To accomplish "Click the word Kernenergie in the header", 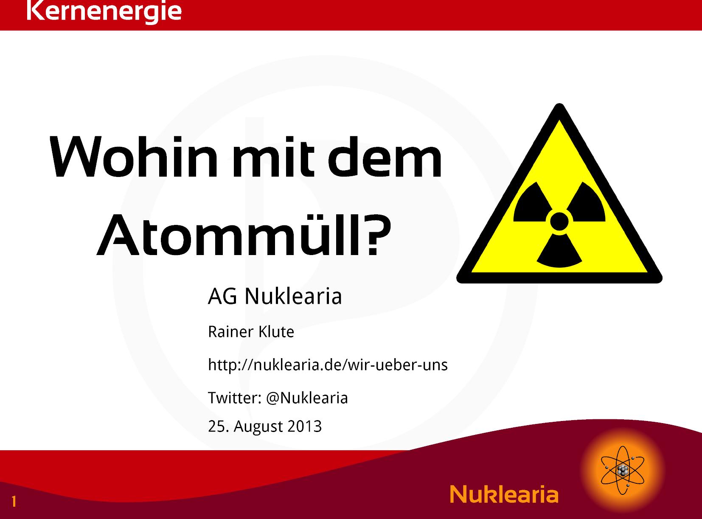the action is pos(104,11).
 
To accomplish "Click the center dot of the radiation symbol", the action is pos(559,221).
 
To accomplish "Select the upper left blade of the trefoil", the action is pos(533,202).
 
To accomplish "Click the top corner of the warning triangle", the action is pos(559,104).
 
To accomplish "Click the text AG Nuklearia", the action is pos(275,296).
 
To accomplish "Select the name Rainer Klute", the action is pos(251,332).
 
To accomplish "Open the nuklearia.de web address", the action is pos(328,365).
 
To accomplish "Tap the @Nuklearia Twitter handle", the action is pos(307,398).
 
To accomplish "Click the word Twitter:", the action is pos(235,398).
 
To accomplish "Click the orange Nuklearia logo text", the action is pos(504,494).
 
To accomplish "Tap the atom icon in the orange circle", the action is pos(623,470).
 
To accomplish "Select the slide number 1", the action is pos(14,502).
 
